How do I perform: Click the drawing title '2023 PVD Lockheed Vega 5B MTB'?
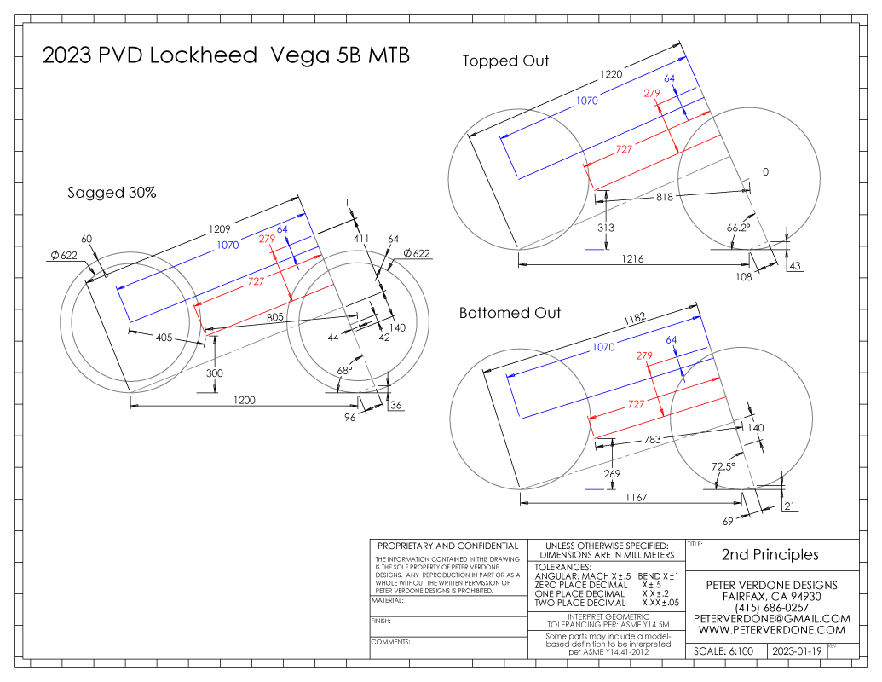(226, 56)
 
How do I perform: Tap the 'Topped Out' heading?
(505, 61)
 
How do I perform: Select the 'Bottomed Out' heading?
(510, 313)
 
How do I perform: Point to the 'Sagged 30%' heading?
(112, 193)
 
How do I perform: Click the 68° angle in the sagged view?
(343, 372)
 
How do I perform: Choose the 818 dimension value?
(666, 198)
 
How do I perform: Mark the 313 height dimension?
(606, 228)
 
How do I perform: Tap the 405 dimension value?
(164, 338)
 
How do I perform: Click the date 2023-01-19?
(796, 651)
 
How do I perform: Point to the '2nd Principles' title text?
(770, 554)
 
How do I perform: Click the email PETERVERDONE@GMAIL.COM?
(772, 618)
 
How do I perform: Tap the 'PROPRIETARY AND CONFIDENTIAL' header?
(447, 546)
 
